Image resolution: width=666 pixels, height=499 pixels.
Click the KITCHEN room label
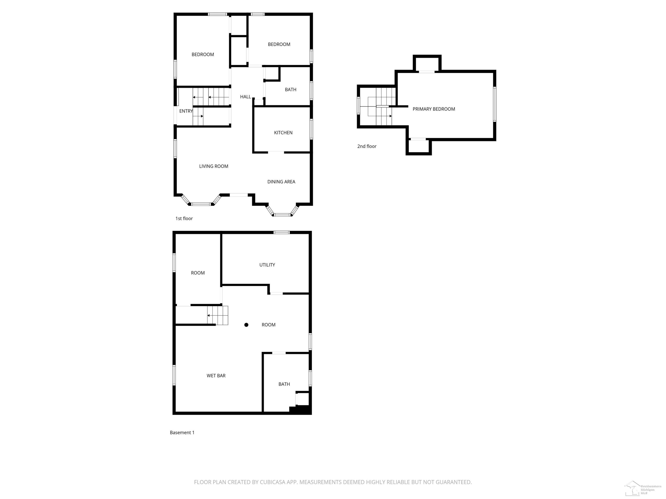[x=283, y=133]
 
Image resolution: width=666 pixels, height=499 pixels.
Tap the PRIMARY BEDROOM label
[x=434, y=109]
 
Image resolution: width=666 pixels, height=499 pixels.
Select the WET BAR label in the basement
[x=216, y=376]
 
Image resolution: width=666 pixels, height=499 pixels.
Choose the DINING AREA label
[x=281, y=182]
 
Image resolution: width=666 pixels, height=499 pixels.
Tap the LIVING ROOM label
[x=214, y=166]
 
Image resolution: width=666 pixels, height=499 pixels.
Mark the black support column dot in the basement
[x=246, y=325]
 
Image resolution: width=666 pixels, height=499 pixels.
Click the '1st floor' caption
[x=184, y=219]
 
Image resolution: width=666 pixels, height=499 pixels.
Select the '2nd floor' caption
[x=367, y=146]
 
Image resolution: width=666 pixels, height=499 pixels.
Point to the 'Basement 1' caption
[x=182, y=432]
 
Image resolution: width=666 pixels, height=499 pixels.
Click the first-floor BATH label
[x=291, y=90]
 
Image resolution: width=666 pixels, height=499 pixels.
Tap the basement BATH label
[x=284, y=384]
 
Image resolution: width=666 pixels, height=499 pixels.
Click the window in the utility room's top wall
[x=281, y=232]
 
